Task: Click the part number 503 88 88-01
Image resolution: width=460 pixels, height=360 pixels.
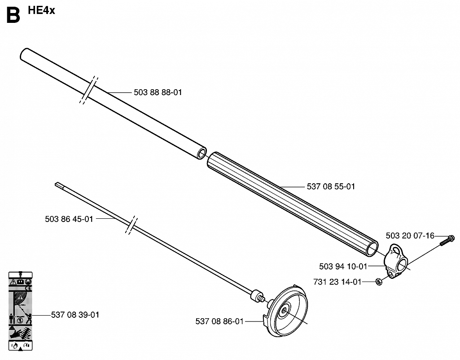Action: pyautogui.click(x=158, y=92)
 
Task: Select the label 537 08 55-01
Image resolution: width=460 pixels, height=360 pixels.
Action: pyautogui.click(x=331, y=187)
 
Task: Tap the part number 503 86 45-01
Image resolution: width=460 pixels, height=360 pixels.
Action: pyautogui.click(x=69, y=219)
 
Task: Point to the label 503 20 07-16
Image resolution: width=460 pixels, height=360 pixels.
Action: pyautogui.click(x=410, y=236)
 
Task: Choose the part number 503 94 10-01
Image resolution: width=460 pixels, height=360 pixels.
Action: pyautogui.click(x=343, y=266)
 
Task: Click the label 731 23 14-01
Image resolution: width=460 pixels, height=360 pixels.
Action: pyautogui.click(x=337, y=282)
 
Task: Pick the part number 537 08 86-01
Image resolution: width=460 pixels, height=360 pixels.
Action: pyautogui.click(x=219, y=321)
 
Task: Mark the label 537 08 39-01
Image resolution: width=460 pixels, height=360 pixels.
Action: pyautogui.click(x=75, y=315)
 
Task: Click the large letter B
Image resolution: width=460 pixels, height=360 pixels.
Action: pyautogui.click(x=13, y=15)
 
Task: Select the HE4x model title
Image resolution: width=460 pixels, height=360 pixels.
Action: pyautogui.click(x=41, y=11)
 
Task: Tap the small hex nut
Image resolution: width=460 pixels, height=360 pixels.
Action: pyautogui.click(x=379, y=282)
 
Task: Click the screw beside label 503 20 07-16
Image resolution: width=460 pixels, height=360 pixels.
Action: pyautogui.click(x=447, y=240)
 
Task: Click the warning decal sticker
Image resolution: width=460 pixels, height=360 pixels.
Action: pyautogui.click(x=20, y=311)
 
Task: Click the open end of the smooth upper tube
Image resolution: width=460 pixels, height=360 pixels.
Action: pyautogui.click(x=202, y=154)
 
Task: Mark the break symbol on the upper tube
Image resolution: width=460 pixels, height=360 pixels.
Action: pyautogui.click(x=88, y=90)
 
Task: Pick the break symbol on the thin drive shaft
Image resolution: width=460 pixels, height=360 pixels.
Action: pyautogui.click(x=131, y=225)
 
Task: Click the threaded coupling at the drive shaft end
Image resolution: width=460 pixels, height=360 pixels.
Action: pyautogui.click(x=258, y=295)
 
